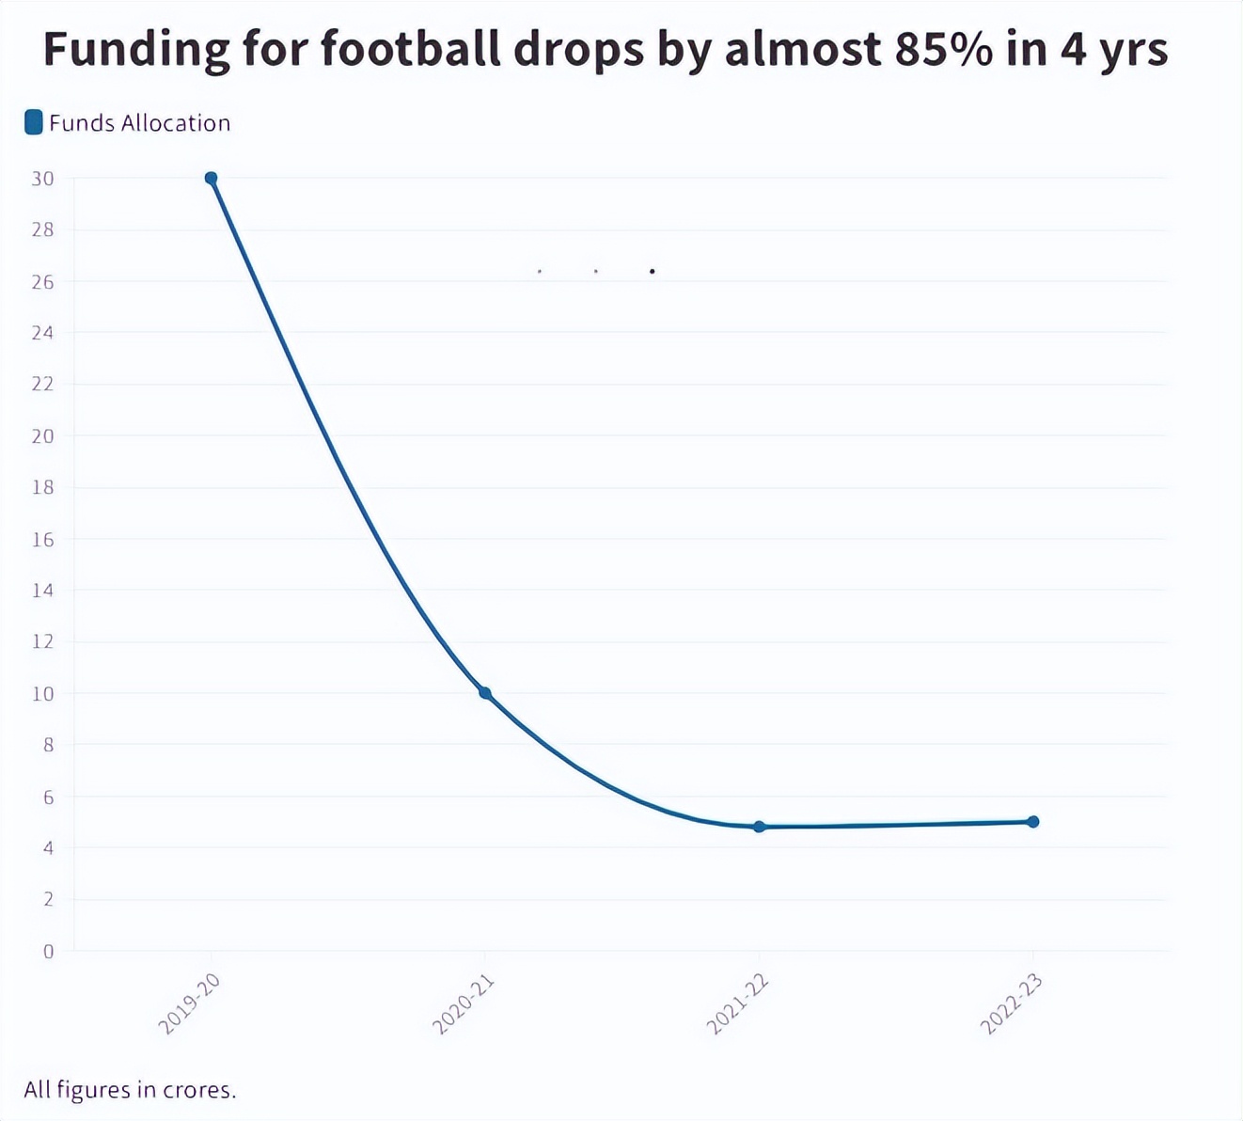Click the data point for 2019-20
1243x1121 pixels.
pyautogui.click(x=211, y=179)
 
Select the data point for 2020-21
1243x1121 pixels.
pyautogui.click(x=485, y=693)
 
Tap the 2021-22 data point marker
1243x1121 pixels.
pyautogui.click(x=760, y=827)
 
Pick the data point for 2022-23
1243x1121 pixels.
pyautogui.click(x=1033, y=822)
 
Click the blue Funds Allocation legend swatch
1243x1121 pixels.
pyautogui.click(x=34, y=122)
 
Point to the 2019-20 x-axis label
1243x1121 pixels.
pyautogui.click(x=190, y=1004)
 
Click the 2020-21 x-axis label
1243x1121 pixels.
pyautogui.click(x=464, y=1004)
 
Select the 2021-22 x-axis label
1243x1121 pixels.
pyautogui.click(x=738, y=1004)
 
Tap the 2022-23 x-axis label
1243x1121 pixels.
pyautogui.click(x=1012, y=1004)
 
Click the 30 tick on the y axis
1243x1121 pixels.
pyautogui.click(x=42, y=179)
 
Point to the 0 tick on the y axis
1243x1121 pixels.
pyautogui.click(x=49, y=951)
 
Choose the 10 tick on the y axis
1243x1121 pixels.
pyautogui.click(x=42, y=694)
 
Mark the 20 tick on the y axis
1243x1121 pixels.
pyautogui.click(x=42, y=436)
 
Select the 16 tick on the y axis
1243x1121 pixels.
pyautogui.click(x=42, y=540)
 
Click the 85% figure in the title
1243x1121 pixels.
pyautogui.click(x=943, y=49)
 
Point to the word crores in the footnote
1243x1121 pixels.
pyautogui.click(x=198, y=1091)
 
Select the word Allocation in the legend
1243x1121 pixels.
pyautogui.click(x=176, y=123)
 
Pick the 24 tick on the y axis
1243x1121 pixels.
pyautogui.click(x=42, y=333)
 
